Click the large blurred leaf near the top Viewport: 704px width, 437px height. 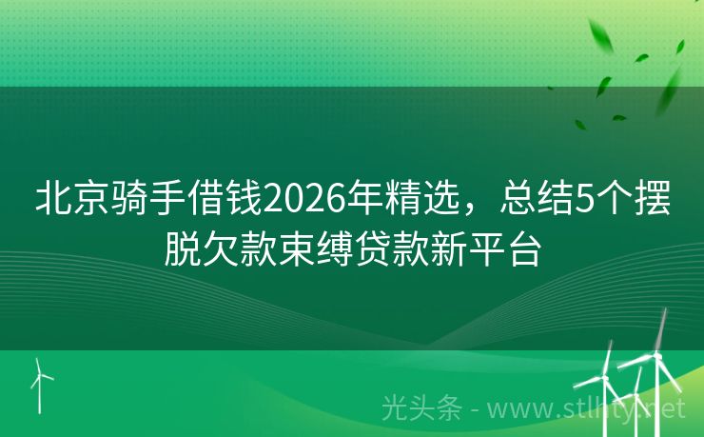click(x=601, y=38)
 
